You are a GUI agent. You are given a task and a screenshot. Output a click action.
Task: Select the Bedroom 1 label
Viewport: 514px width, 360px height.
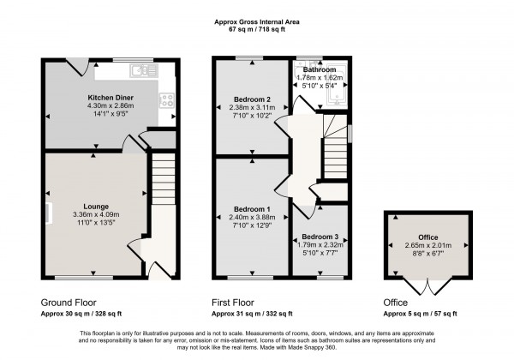[x=253, y=211]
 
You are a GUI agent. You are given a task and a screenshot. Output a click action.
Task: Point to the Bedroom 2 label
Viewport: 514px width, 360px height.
[x=253, y=99]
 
